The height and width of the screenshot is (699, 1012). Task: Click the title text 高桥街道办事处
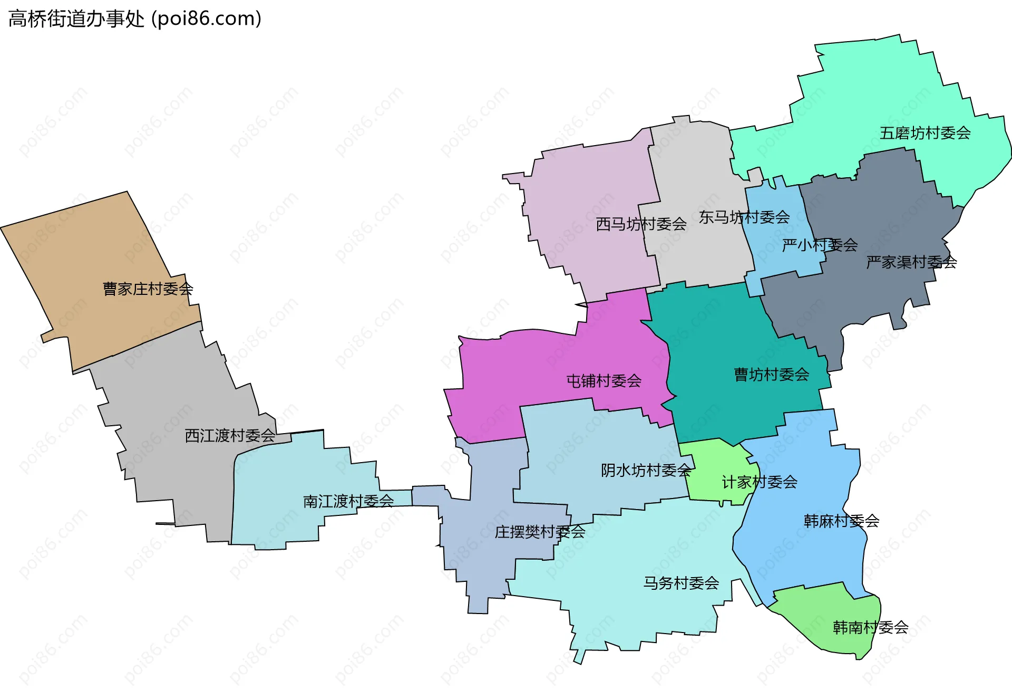[x=76, y=19]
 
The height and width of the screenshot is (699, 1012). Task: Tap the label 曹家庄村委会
[x=148, y=289]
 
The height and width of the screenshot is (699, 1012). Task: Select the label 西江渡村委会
[x=230, y=436]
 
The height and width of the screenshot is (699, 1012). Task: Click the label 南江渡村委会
[x=348, y=501]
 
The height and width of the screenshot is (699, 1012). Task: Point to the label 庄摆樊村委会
[x=540, y=532]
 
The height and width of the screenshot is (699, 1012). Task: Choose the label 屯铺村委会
[x=604, y=381]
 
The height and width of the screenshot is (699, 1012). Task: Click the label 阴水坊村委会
[x=646, y=470]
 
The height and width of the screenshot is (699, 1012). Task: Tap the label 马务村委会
[x=681, y=583]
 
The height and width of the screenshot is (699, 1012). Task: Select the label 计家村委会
[x=759, y=482]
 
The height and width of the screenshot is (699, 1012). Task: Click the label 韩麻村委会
[x=841, y=521]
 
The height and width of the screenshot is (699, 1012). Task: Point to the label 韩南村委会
[x=870, y=627]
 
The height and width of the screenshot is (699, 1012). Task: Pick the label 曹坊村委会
[x=771, y=375]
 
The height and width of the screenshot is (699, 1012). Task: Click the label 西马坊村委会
[x=641, y=224]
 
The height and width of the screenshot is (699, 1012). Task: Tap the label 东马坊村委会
[x=744, y=217]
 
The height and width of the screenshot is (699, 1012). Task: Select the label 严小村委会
[x=820, y=245]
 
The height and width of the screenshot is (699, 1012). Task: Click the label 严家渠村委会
[x=911, y=262]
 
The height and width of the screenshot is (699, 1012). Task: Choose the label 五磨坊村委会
[x=925, y=133]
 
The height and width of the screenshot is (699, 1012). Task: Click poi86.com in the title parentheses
[x=206, y=19]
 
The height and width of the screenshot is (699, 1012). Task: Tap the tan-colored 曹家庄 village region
[x=95, y=253]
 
